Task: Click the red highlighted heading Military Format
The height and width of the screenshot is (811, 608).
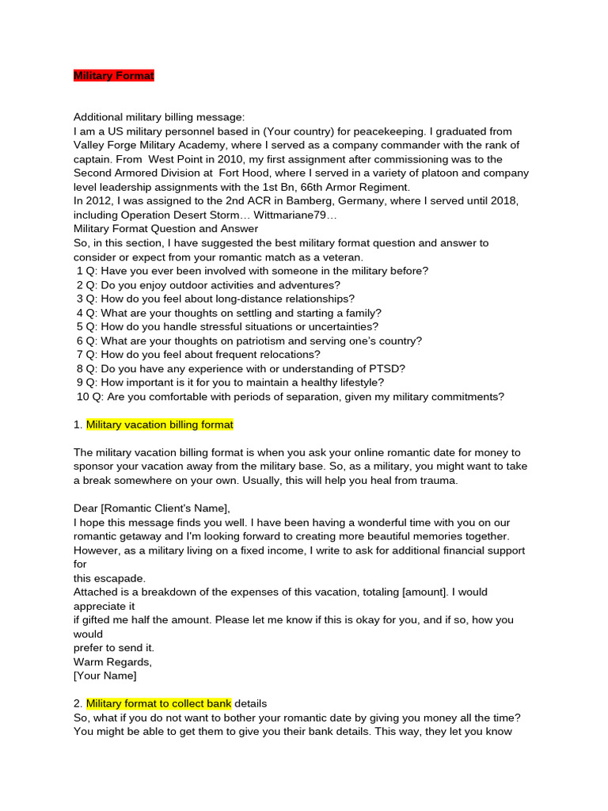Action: [x=114, y=75]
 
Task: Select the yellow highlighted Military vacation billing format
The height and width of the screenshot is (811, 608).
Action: [x=159, y=425]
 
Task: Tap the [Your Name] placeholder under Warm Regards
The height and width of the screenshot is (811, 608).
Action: [x=105, y=676]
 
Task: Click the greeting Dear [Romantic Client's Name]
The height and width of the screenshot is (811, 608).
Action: [x=152, y=508]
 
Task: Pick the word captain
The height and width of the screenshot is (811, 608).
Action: [x=92, y=159]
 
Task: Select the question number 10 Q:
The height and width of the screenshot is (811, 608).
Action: [x=90, y=397]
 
